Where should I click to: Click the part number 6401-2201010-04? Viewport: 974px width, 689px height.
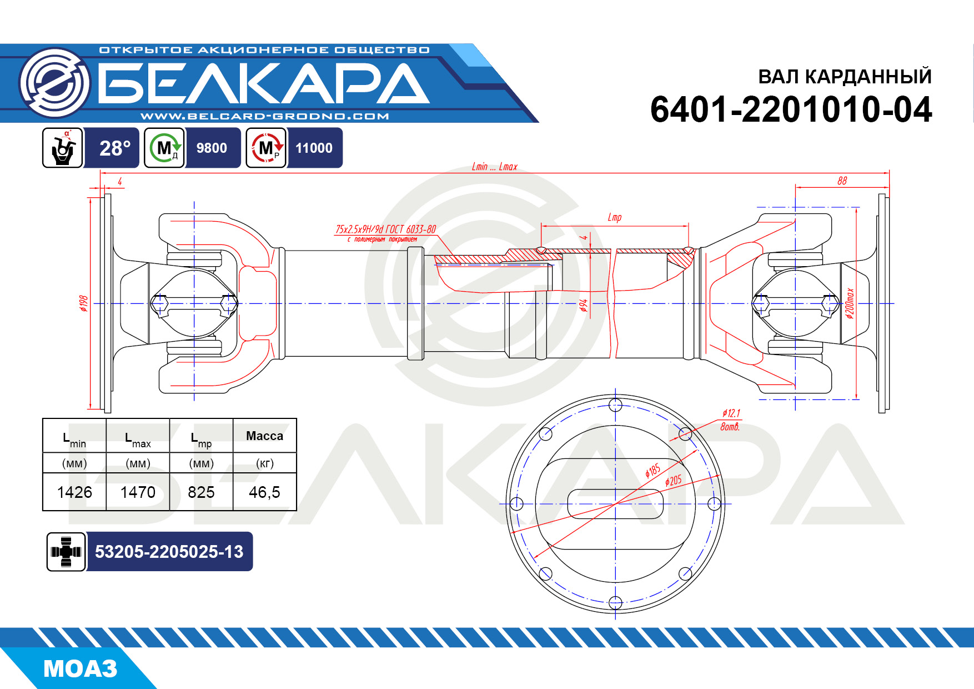[x=791, y=109]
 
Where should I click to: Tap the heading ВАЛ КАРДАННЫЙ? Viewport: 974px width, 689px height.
[x=845, y=76]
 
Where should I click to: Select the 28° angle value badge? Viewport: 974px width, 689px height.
[x=115, y=148]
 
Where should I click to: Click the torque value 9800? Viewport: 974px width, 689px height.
[x=212, y=148]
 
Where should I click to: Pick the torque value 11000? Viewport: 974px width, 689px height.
[x=314, y=148]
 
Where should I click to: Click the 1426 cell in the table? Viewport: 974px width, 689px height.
[x=74, y=492]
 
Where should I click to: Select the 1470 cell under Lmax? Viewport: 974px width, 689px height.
[x=138, y=492]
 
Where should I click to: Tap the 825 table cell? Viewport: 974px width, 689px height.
[x=201, y=492]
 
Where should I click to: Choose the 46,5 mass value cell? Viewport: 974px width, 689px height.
[x=264, y=492]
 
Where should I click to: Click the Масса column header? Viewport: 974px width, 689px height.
[x=264, y=436]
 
